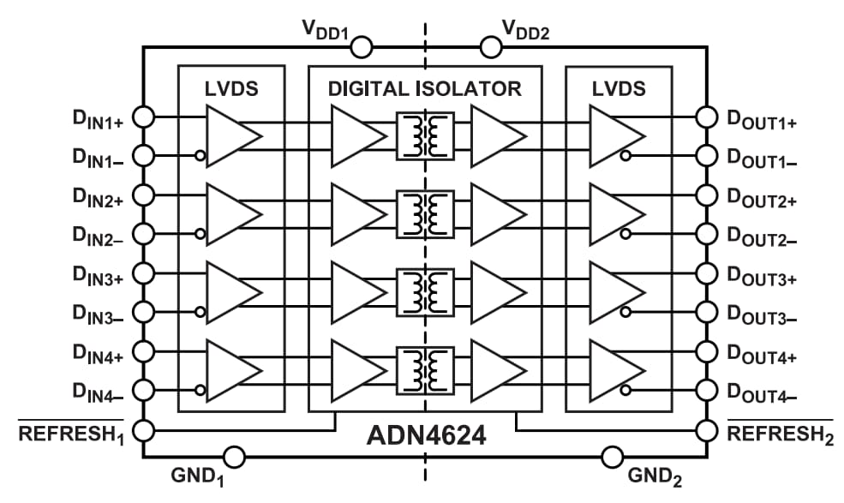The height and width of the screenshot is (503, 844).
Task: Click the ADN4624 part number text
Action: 426,435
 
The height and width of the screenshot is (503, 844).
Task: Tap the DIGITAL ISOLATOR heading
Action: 424,88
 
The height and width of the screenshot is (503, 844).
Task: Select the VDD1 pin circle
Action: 361,45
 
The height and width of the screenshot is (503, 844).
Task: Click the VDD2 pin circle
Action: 490,45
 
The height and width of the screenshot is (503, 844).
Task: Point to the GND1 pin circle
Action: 234,457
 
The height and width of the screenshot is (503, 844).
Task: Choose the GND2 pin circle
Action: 613,457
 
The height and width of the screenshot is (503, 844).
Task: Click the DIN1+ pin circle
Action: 144,116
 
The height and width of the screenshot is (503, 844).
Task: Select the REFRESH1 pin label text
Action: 72,435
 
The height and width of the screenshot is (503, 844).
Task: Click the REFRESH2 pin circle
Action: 706,429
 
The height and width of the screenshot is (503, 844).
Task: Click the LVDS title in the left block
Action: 230,88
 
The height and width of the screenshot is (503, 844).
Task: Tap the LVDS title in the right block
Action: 619,88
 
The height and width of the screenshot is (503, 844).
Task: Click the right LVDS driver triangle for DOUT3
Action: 615,291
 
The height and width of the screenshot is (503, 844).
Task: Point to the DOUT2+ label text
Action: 762,201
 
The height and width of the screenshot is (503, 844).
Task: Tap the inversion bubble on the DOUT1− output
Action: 627,156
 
